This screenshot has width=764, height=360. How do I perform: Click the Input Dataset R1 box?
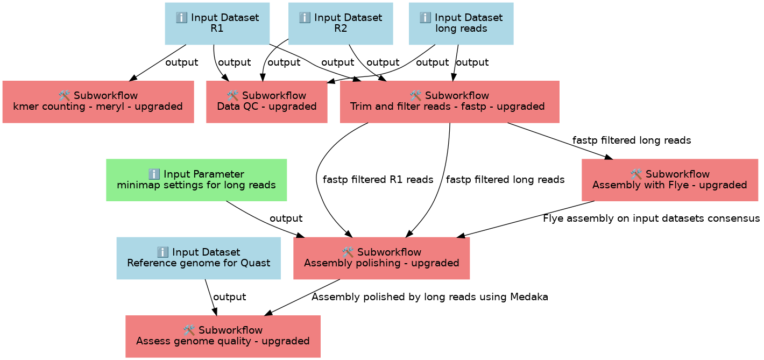(217, 24)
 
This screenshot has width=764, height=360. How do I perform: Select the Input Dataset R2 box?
(341, 24)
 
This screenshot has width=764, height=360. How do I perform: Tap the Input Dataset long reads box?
(461, 24)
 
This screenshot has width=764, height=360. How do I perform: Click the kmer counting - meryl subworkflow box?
(98, 102)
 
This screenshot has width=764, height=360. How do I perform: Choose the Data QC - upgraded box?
(267, 102)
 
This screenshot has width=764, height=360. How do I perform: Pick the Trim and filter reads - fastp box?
(450, 102)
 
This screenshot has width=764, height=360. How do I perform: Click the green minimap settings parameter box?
(196, 180)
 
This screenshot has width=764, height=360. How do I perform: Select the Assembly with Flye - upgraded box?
(670, 180)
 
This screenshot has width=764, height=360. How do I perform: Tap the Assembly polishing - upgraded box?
(381, 258)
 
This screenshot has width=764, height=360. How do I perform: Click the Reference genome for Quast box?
(199, 258)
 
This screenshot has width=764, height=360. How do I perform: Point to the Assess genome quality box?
(223, 336)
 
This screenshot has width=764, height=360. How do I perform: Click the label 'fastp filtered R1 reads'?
(378, 180)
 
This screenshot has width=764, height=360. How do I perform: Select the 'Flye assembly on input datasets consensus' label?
(652, 218)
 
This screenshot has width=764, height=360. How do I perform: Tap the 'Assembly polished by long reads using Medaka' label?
(430, 297)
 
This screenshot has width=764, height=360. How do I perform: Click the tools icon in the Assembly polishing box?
(348, 252)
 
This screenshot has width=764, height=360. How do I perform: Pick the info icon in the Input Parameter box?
(154, 174)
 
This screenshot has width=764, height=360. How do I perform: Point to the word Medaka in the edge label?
(529, 297)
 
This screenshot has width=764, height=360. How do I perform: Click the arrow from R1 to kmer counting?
(158, 63)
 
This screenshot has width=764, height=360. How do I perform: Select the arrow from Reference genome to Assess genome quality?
(211, 298)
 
